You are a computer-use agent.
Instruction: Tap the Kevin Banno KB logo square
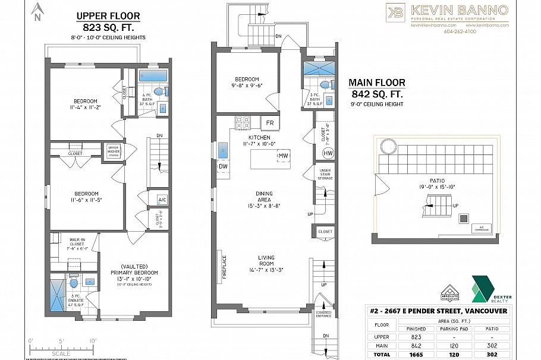[x=395, y=12]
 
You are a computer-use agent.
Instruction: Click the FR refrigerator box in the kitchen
[x=269, y=124]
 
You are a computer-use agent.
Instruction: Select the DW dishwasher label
[x=224, y=167]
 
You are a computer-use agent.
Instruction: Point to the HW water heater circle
[x=328, y=153]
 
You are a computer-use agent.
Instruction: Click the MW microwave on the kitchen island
[x=282, y=156]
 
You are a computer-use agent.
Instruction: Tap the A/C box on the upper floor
[x=162, y=200]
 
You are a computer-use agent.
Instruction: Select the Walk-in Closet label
[x=70, y=244]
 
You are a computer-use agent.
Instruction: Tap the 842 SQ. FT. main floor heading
[x=376, y=93]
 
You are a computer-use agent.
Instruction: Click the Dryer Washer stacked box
[x=114, y=151]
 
